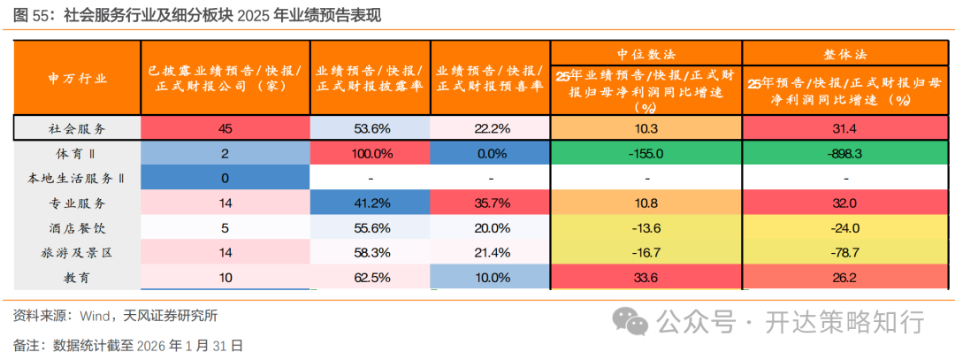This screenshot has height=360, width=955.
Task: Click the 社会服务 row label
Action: (x=77, y=128)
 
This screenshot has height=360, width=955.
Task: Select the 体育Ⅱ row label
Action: (x=77, y=153)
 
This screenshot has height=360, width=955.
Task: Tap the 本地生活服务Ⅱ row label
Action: (x=77, y=178)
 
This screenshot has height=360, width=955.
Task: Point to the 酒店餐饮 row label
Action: (x=77, y=227)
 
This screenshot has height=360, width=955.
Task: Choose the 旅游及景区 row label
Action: (x=77, y=252)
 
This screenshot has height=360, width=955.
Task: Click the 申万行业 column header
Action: (x=77, y=78)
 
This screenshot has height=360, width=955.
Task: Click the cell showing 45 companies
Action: (x=225, y=128)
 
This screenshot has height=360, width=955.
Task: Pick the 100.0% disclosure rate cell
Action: (x=371, y=153)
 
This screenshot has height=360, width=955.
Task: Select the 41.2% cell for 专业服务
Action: (x=371, y=203)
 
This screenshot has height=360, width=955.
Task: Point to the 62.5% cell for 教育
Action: (x=371, y=277)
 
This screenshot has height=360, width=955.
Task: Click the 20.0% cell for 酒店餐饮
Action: (x=491, y=227)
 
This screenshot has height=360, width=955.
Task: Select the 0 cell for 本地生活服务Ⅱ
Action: (x=225, y=178)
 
